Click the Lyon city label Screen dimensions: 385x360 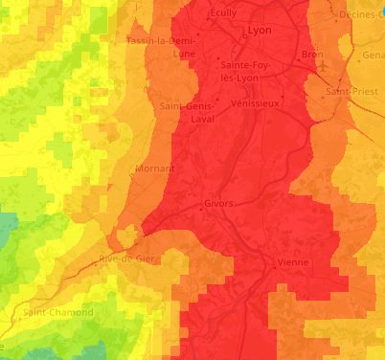259,31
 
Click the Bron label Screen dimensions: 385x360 312,55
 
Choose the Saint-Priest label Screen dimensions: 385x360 346,91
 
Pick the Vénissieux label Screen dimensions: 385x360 255,102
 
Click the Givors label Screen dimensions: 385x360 219,203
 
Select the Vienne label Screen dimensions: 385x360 291,261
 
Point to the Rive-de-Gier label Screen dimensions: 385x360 131,259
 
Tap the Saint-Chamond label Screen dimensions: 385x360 59,312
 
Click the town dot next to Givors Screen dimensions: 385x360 200,205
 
